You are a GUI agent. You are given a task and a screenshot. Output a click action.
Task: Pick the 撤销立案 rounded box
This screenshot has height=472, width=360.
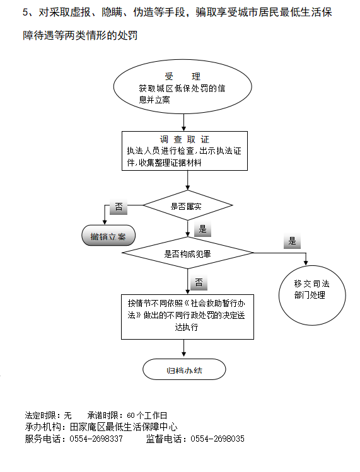coord(108,236)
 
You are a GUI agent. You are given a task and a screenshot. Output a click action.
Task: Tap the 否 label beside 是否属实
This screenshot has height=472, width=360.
coord(119,207)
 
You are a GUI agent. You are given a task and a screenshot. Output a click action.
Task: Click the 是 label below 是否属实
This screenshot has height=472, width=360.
coord(202,229)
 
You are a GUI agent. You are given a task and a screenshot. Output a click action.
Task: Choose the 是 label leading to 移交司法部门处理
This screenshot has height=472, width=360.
coord(292,241)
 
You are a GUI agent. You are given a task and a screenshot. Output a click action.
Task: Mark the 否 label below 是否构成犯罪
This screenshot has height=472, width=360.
coord(199,283)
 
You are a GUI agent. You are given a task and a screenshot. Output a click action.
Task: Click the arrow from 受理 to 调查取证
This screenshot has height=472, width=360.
coord(183,122)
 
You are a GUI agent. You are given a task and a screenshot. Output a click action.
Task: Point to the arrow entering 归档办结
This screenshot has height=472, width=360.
coord(183,348)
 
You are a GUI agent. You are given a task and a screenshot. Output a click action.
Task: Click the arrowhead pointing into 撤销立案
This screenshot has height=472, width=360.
coord(105,222)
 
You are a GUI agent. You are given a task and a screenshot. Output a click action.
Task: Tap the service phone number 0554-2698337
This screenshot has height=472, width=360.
coord(96,439)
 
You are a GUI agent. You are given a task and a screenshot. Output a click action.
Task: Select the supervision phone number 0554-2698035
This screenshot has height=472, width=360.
coord(218,439)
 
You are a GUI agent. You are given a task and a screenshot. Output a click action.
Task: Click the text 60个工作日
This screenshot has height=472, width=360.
coord(147,415)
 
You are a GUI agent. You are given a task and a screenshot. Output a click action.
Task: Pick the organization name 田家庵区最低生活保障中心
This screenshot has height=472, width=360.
coord(124,427)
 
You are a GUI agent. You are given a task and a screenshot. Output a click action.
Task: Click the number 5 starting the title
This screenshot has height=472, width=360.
coord(25,13)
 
